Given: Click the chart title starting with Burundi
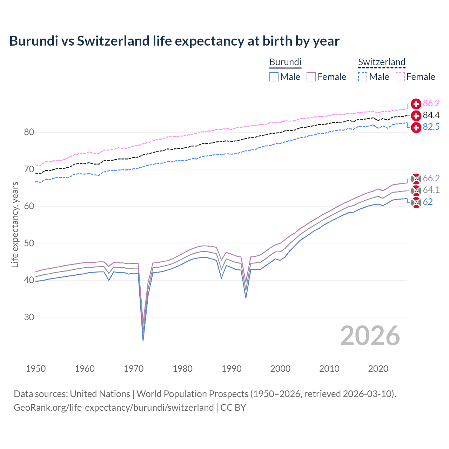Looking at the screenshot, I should [x=174, y=41].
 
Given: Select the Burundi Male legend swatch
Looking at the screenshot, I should [x=274, y=77].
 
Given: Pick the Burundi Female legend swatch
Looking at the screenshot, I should [x=311, y=77].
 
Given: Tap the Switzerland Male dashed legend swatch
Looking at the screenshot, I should [x=363, y=77].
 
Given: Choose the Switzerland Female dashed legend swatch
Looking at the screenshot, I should [x=400, y=77].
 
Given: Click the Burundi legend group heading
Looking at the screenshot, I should [x=285, y=62].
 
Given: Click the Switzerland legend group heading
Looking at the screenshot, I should [x=382, y=62].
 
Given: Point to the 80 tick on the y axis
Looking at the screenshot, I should [x=29, y=132].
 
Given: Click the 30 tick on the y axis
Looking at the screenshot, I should [x=29, y=317].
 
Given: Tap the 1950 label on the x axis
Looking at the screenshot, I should [x=36, y=369].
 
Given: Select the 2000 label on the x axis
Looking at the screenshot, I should [x=280, y=369].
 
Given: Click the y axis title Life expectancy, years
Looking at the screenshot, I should [x=15, y=224].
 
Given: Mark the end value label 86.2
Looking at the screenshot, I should [x=431, y=103].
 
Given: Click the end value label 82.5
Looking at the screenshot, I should [x=431, y=127].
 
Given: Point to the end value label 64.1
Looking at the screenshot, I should [x=431, y=190].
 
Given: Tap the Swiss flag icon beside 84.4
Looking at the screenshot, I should [x=416, y=115].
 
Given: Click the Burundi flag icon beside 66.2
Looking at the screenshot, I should [x=416, y=179].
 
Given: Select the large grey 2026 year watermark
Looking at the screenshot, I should [x=370, y=336].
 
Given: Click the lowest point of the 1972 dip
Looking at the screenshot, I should [x=143, y=340].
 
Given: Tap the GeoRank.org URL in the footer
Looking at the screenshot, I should [x=114, y=408].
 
